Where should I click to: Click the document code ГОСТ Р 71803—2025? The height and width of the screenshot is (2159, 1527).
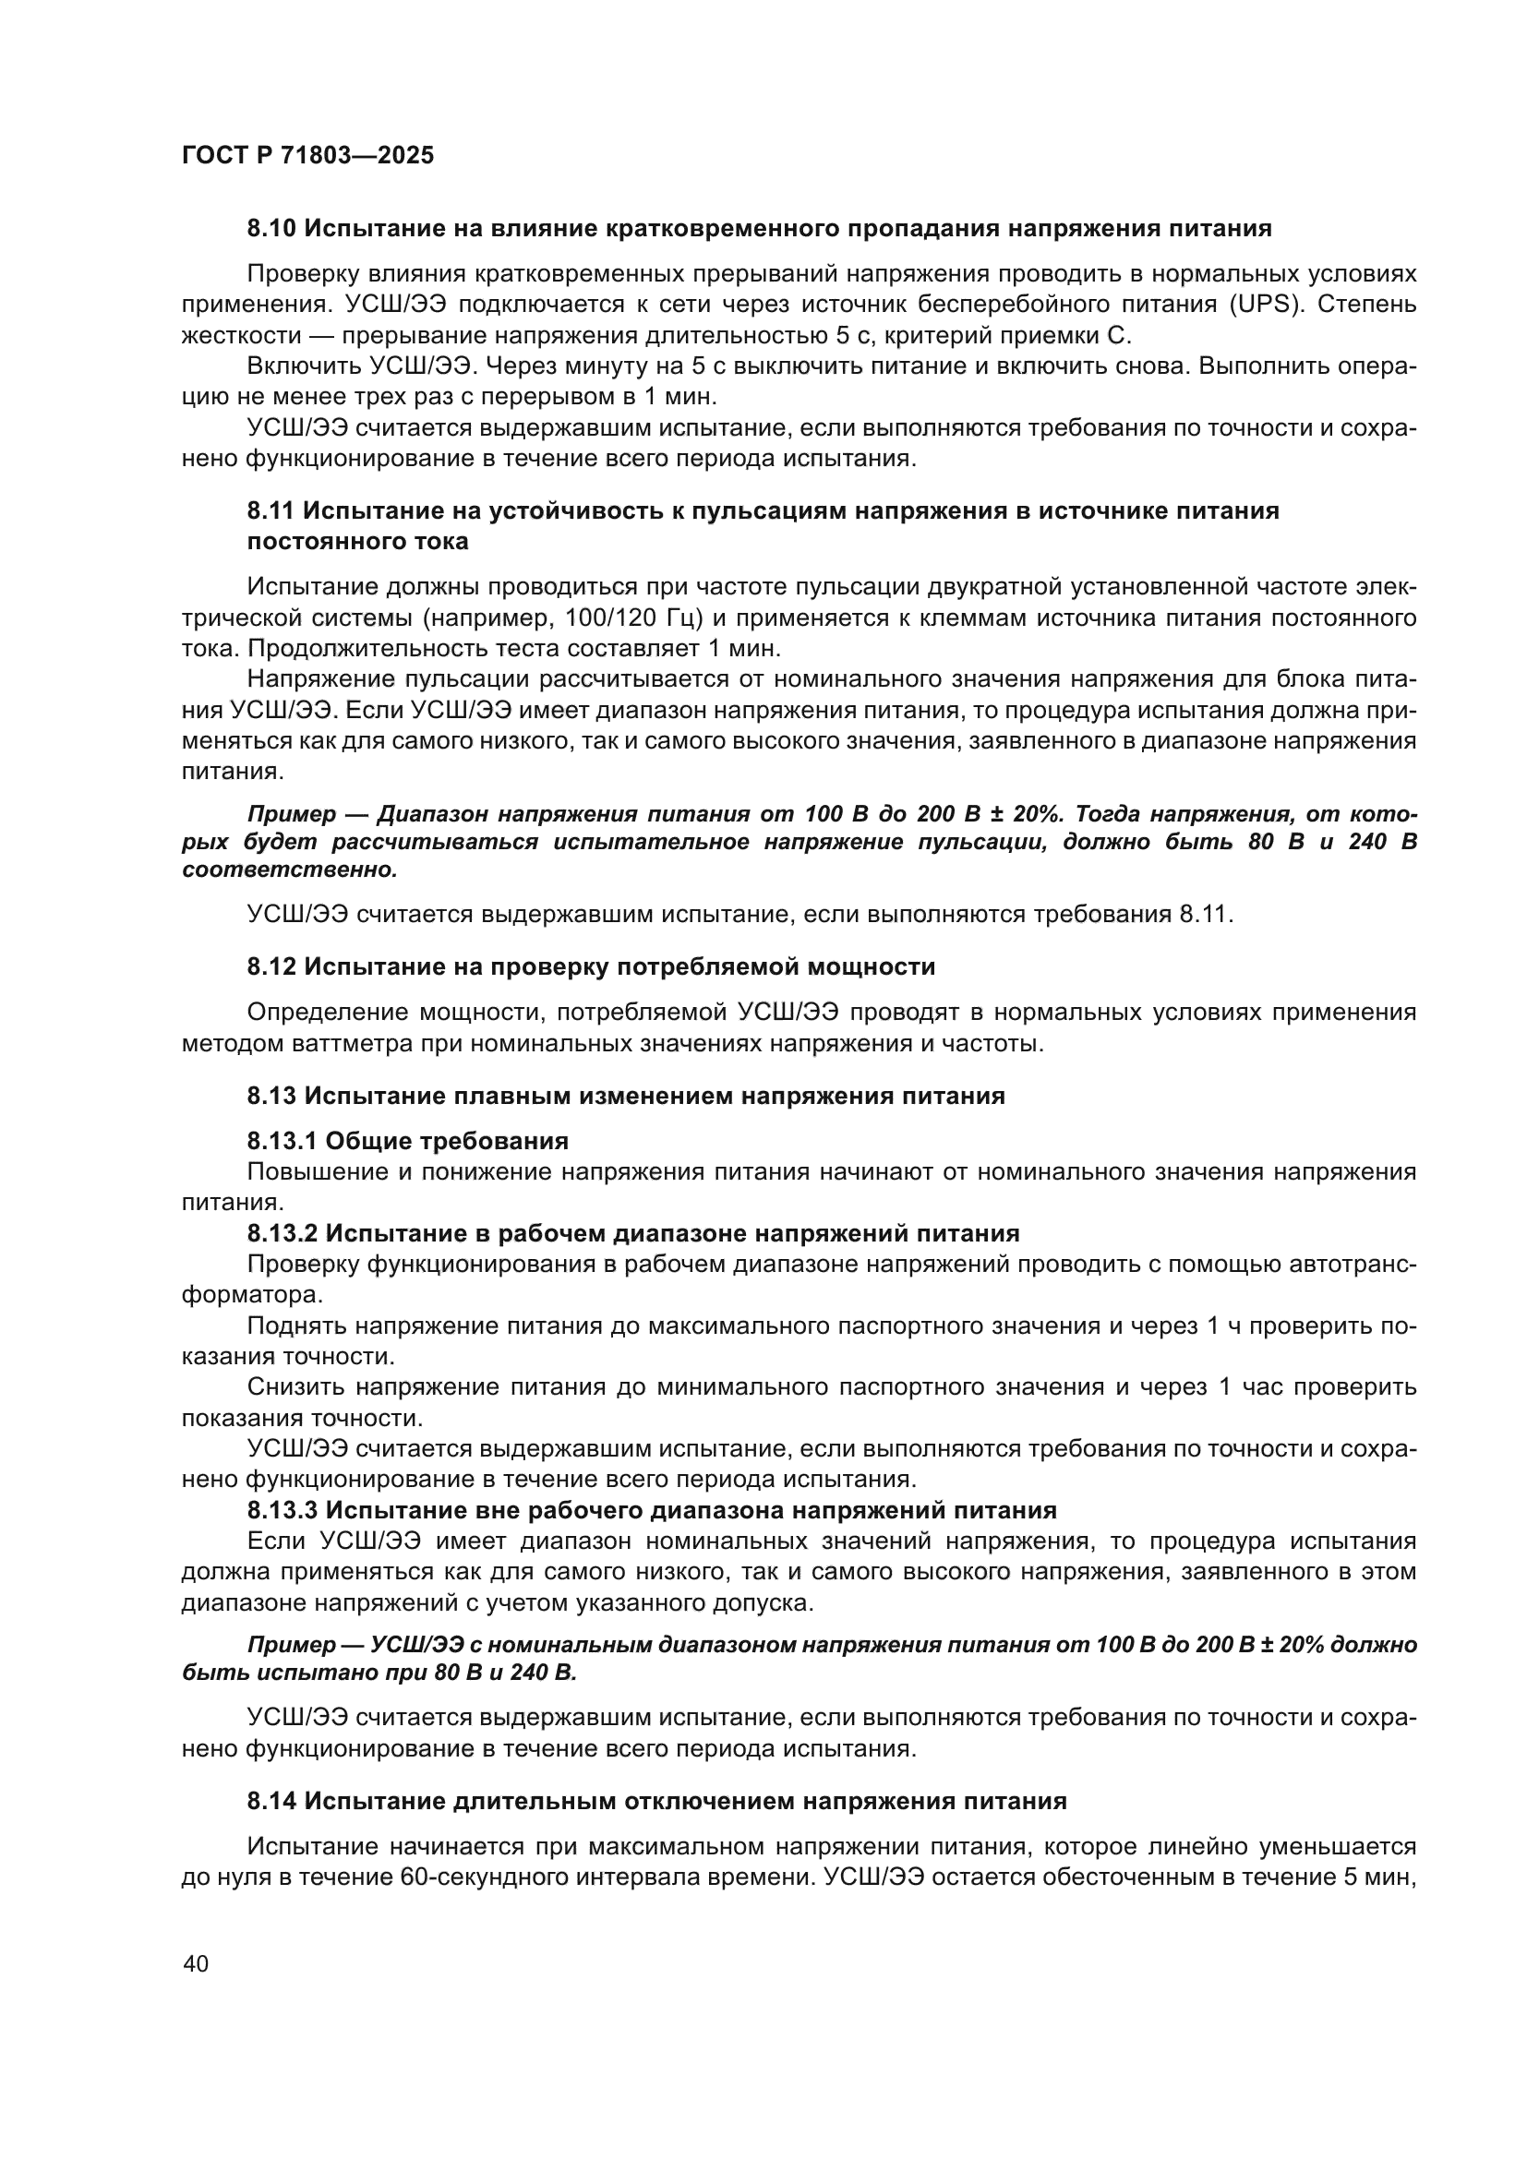[x=307, y=156]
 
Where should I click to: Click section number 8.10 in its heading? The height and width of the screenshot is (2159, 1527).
[x=271, y=229]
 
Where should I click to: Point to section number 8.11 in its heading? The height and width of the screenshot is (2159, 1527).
[x=271, y=510]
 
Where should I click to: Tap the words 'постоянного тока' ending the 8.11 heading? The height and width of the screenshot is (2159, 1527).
[x=357, y=542]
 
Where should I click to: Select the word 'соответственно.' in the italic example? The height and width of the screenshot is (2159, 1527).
[x=290, y=870]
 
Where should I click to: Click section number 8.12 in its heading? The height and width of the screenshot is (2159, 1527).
[x=271, y=966]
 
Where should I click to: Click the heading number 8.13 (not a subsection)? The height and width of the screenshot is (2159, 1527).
[x=271, y=1096]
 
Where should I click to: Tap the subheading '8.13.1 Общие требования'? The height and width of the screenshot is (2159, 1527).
[x=407, y=1142]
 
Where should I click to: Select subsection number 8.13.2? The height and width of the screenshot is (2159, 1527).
[x=283, y=1233]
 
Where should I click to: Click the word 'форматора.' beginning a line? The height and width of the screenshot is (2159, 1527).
[x=252, y=1295]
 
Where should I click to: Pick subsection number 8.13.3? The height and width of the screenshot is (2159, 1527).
[x=283, y=1510]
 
